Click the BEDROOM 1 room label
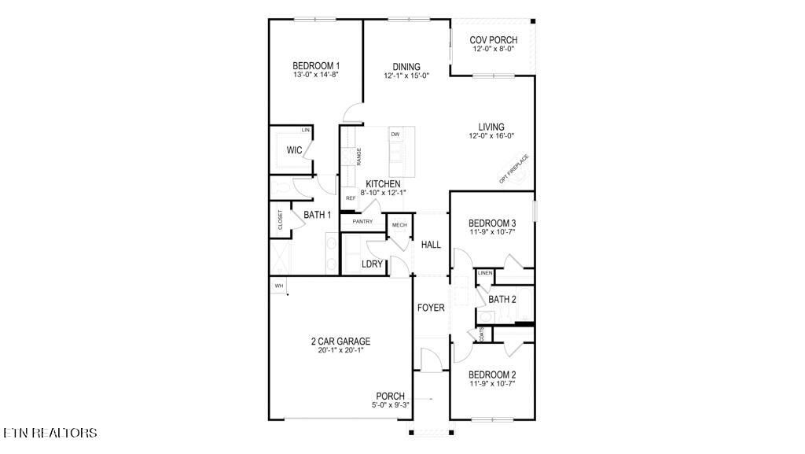point(316,66)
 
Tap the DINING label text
point(406,67)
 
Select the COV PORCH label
point(493,40)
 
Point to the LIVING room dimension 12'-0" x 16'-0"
point(492,136)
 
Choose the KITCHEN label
point(383,183)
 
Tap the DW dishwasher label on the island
point(395,135)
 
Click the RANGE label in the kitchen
point(358,157)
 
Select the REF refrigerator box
point(351,198)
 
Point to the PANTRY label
point(362,222)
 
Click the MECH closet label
point(399,225)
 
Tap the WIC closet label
point(295,149)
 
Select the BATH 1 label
point(318,214)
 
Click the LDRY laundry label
point(372,264)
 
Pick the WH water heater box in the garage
point(278,285)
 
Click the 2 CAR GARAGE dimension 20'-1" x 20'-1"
point(340,350)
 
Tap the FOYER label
point(431,308)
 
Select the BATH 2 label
point(502,299)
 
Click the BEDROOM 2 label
point(492,375)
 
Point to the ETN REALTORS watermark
point(50,433)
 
